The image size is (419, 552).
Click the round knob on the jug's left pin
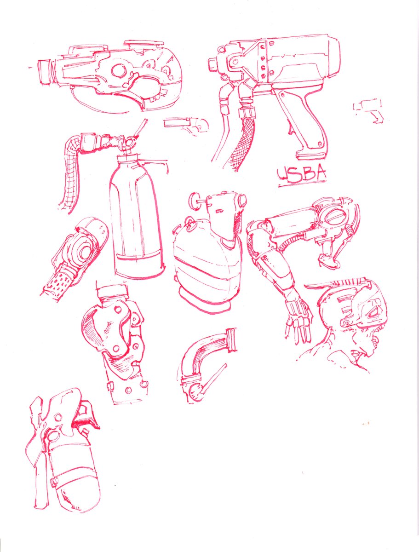tap(194, 201)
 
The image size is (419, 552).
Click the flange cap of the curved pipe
tap(232, 340)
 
